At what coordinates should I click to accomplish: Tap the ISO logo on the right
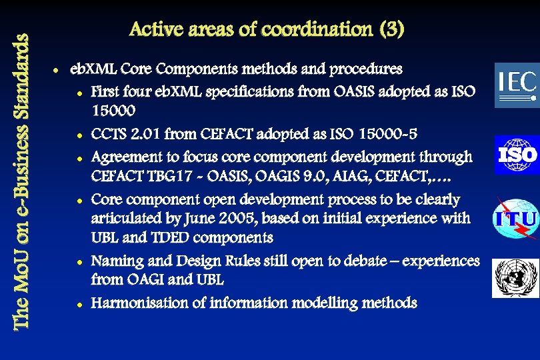517,155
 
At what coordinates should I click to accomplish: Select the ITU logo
515,219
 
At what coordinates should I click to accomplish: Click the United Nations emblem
515,278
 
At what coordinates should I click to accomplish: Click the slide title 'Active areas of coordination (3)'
267,30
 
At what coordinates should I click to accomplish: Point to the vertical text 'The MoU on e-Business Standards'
21,180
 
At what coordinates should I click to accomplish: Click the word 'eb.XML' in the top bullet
93,69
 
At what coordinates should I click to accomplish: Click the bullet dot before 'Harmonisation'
79,304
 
